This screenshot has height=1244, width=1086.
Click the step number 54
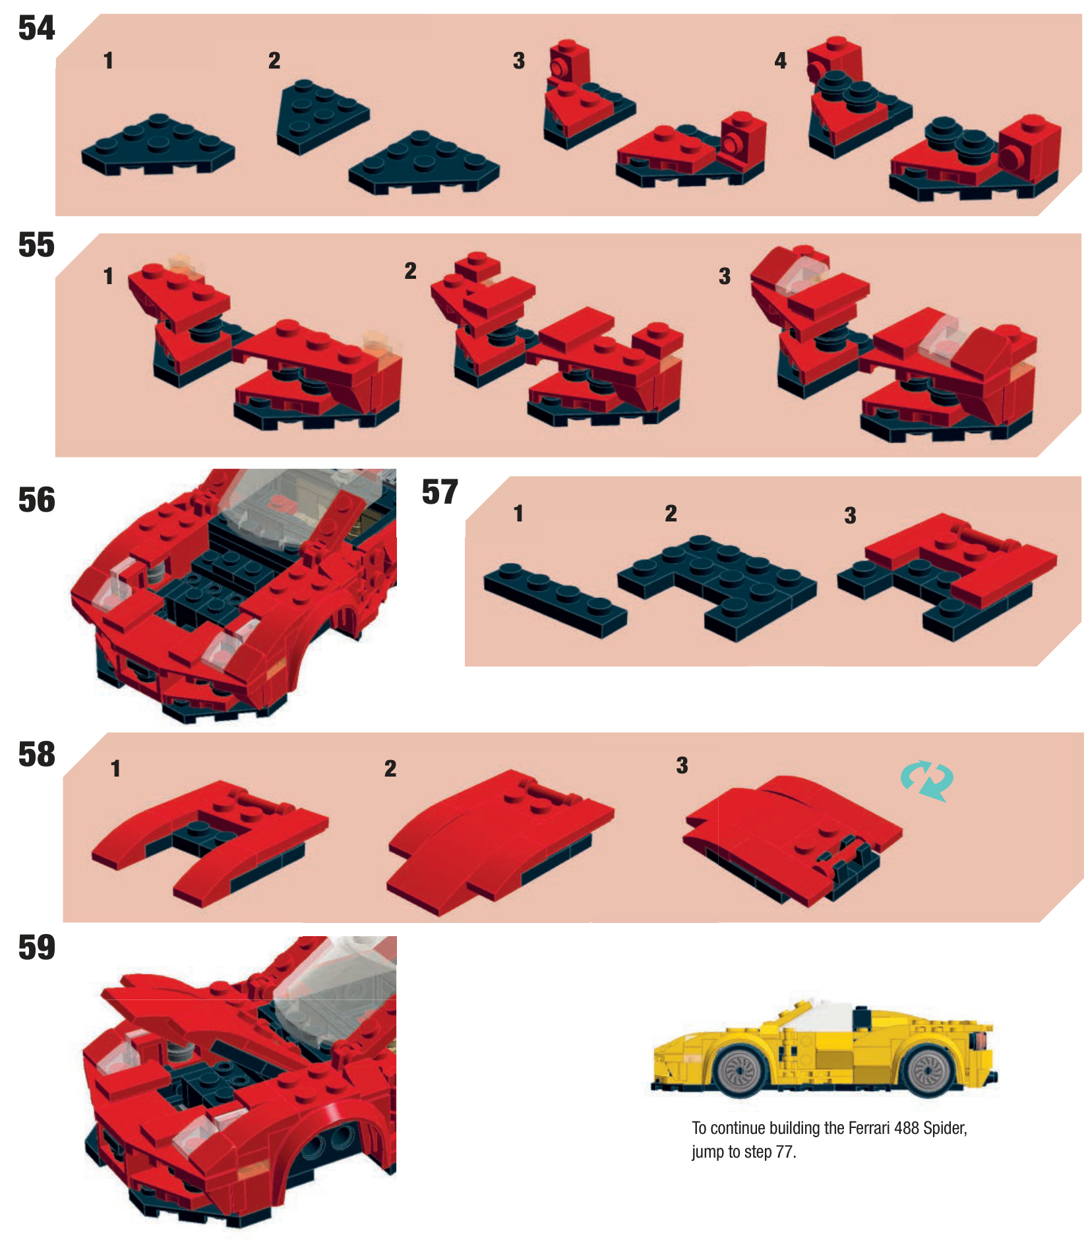(x=36, y=28)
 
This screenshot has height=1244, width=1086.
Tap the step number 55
(x=36, y=245)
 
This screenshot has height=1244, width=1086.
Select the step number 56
(x=37, y=500)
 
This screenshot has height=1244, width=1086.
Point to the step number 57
(x=440, y=492)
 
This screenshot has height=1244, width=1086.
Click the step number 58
(x=37, y=755)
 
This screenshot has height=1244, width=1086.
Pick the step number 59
(x=37, y=948)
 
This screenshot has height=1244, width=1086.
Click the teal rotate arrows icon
(x=927, y=781)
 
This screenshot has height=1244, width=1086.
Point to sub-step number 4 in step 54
(x=781, y=61)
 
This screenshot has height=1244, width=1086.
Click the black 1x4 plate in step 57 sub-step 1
(x=555, y=599)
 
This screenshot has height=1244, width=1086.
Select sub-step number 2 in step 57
(x=671, y=513)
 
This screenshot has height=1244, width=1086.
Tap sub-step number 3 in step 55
(x=725, y=276)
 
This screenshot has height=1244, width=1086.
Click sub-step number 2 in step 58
(x=390, y=768)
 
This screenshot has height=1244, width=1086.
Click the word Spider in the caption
(x=945, y=1129)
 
